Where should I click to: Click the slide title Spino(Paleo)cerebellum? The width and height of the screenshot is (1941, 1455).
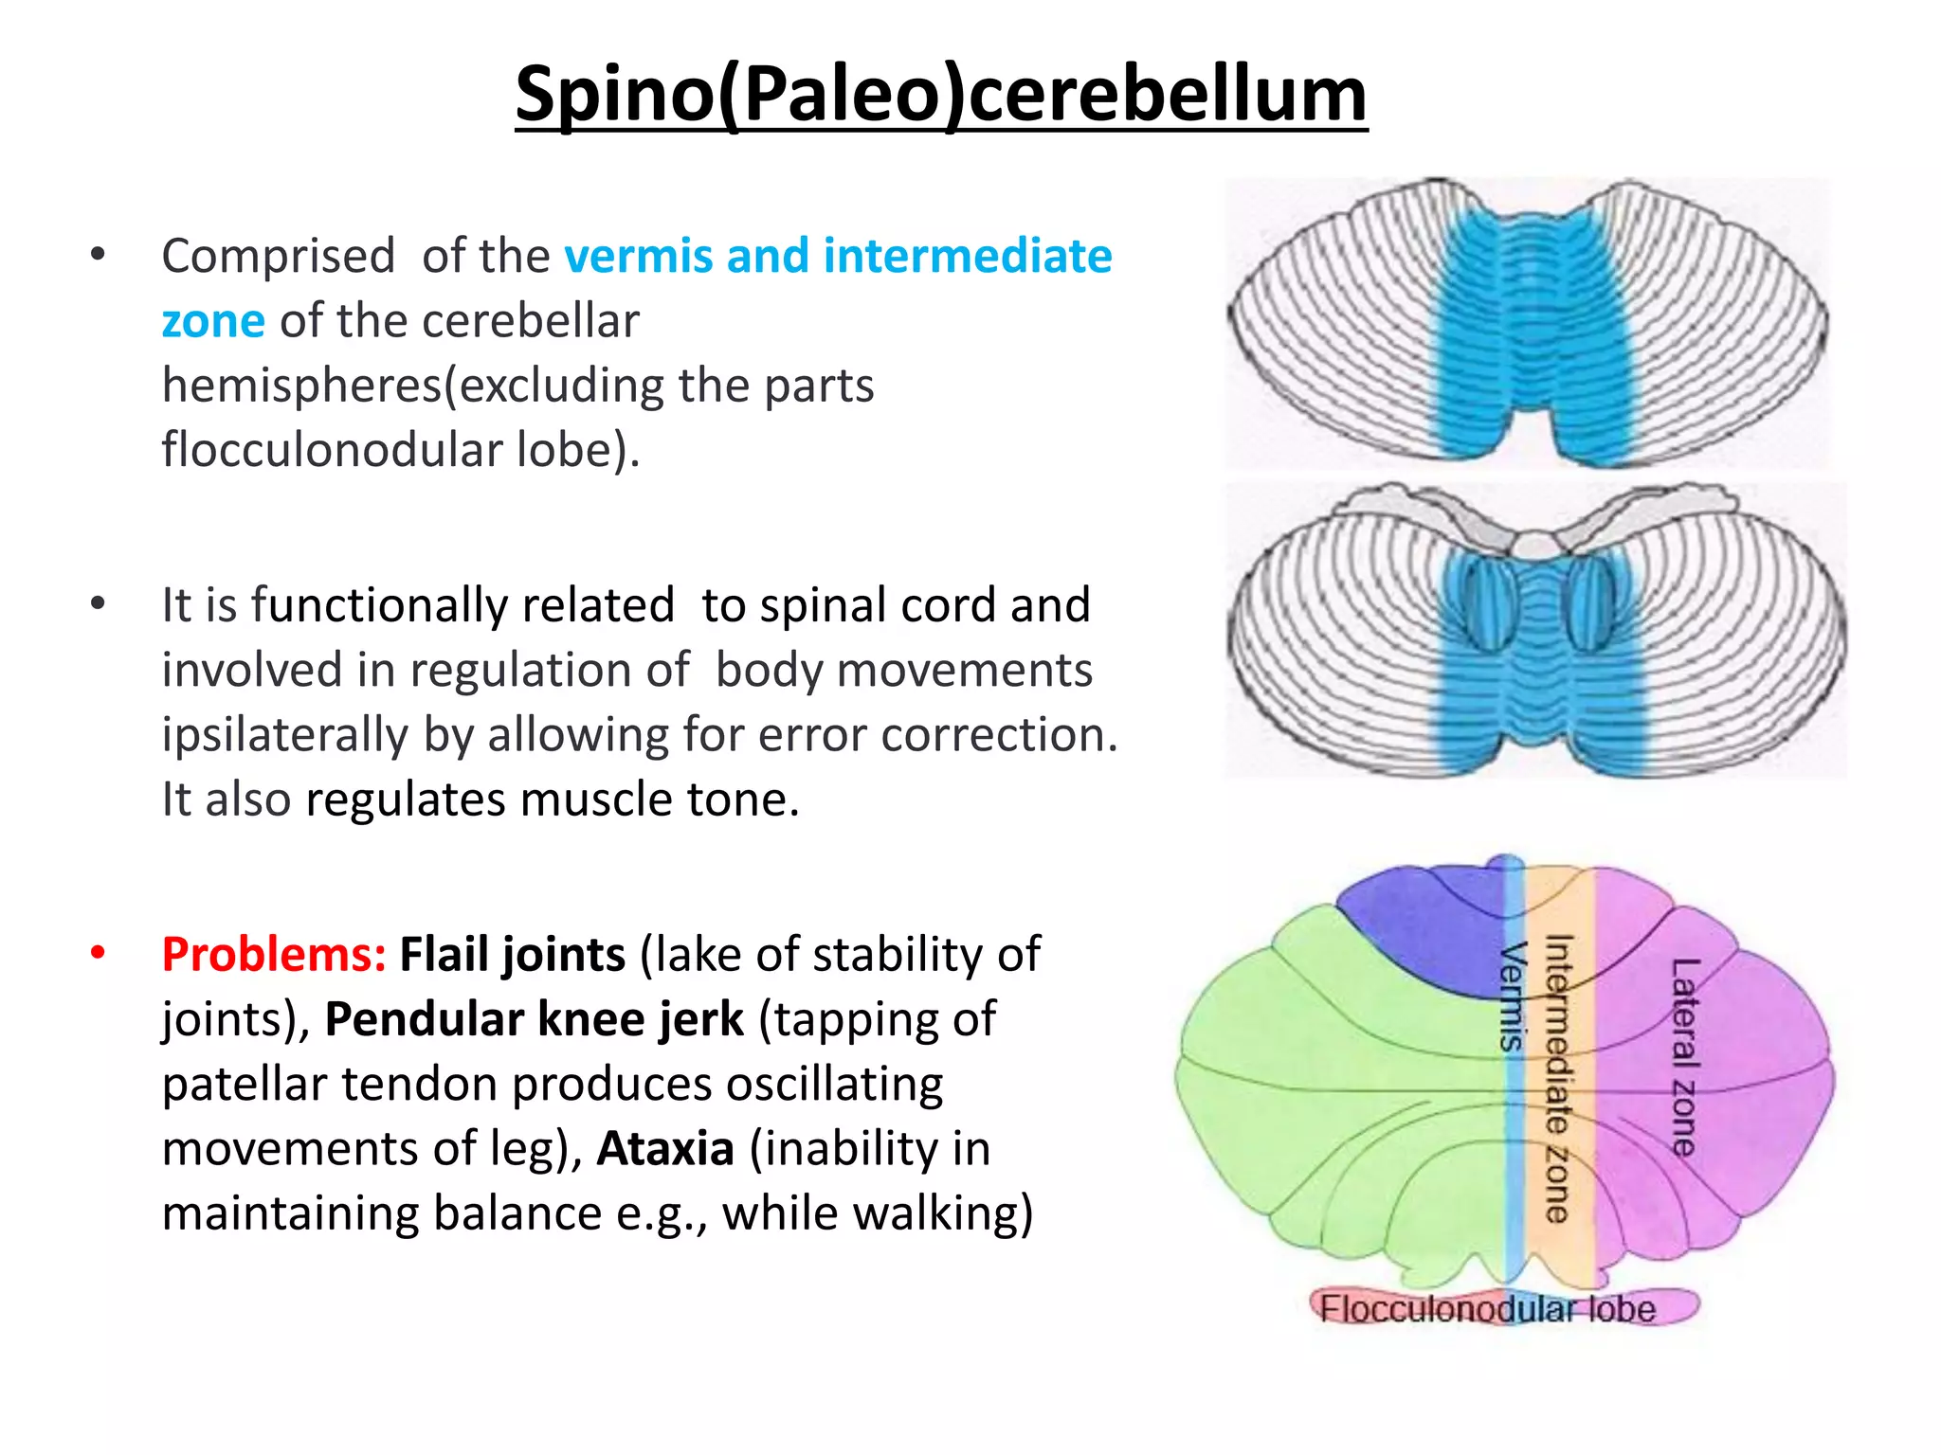[940, 95]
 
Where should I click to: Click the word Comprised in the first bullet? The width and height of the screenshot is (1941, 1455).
[278, 257]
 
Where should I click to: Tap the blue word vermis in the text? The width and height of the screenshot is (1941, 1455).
[638, 257]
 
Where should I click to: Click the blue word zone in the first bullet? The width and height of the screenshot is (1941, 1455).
[212, 321]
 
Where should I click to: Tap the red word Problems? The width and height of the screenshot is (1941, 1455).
[273, 955]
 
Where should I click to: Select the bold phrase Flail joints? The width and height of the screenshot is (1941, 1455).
[512, 955]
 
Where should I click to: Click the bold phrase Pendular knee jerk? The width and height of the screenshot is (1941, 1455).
[534, 1020]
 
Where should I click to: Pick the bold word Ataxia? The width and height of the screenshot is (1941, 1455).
[665, 1149]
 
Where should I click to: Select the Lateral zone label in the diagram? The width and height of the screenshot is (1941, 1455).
[1684, 1056]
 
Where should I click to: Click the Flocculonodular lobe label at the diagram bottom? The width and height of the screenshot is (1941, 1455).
[1487, 1309]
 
